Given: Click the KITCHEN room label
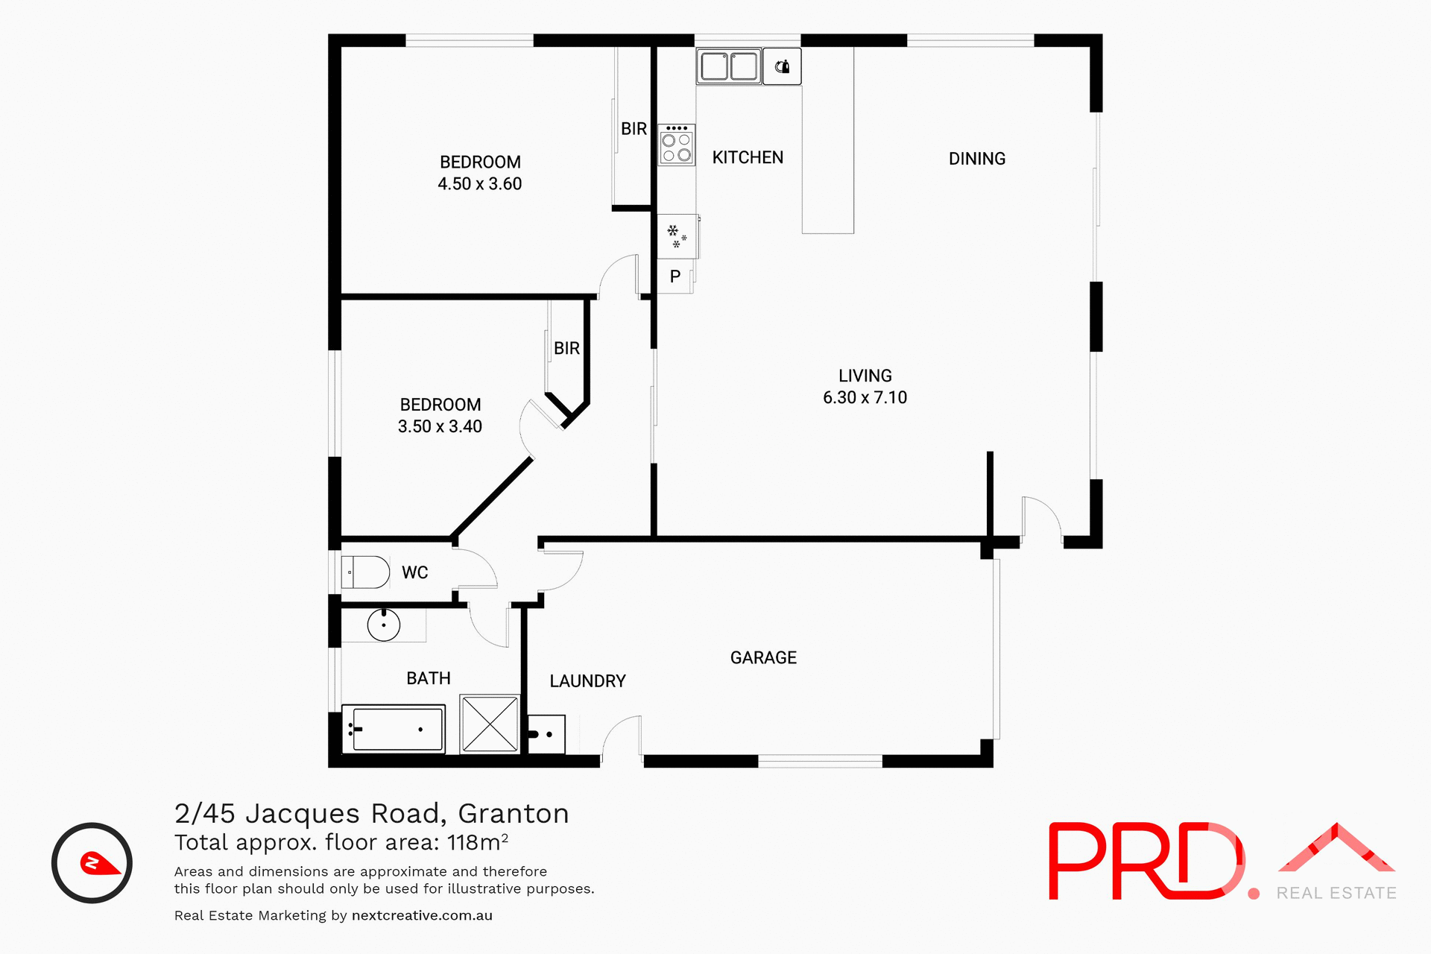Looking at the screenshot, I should pyautogui.click(x=748, y=157).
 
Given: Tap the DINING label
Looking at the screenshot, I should pyautogui.click(x=976, y=159).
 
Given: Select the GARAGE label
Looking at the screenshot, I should pyautogui.click(x=763, y=657).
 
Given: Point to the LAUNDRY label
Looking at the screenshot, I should pyautogui.click(x=587, y=681).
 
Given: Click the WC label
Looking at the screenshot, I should pyautogui.click(x=414, y=572).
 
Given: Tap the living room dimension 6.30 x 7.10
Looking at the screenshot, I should pyautogui.click(x=865, y=398).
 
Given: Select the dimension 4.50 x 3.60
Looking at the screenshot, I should pyautogui.click(x=479, y=184).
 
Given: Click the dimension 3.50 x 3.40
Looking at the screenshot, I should pyautogui.click(x=440, y=427).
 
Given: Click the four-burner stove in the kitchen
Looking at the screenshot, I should pyautogui.click(x=677, y=145).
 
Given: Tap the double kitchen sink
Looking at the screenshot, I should pyautogui.click(x=729, y=66).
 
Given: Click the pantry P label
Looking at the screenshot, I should pyautogui.click(x=675, y=277).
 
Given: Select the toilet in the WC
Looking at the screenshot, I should pyautogui.click(x=366, y=572).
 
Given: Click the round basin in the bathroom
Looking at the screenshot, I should pyautogui.click(x=384, y=625).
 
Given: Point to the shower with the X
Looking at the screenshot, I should pyautogui.click(x=490, y=724).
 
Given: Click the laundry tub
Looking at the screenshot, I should pyautogui.click(x=546, y=734).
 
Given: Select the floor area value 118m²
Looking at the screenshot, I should pyautogui.click(x=477, y=842).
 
